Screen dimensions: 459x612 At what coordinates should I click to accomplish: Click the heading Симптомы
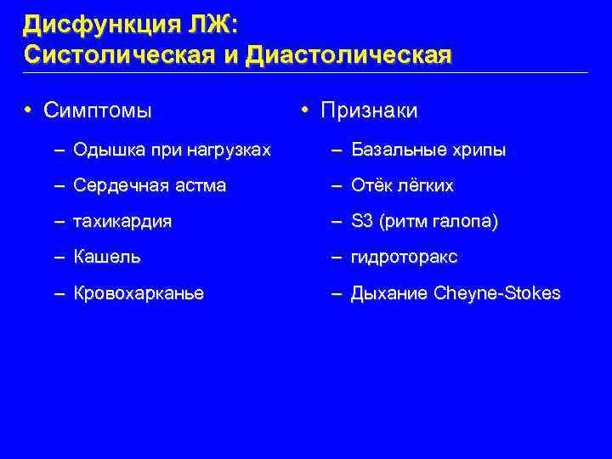98,110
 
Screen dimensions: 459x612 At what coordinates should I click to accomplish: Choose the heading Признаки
369,110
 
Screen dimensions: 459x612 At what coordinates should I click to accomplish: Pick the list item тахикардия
122,221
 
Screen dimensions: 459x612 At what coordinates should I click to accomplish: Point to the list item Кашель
107,257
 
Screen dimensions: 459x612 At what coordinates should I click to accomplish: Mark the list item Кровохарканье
139,293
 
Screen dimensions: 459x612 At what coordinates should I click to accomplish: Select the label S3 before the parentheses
363,221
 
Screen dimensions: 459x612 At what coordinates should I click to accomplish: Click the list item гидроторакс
404,257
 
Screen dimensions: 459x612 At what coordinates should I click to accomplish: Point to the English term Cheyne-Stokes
497,293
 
